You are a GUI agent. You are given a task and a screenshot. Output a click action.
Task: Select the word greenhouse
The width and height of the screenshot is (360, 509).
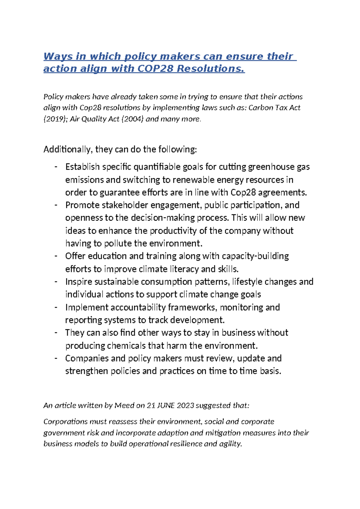coord(271,167)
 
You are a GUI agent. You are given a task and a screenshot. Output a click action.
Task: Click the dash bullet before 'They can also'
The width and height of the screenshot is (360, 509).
coord(56,333)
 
